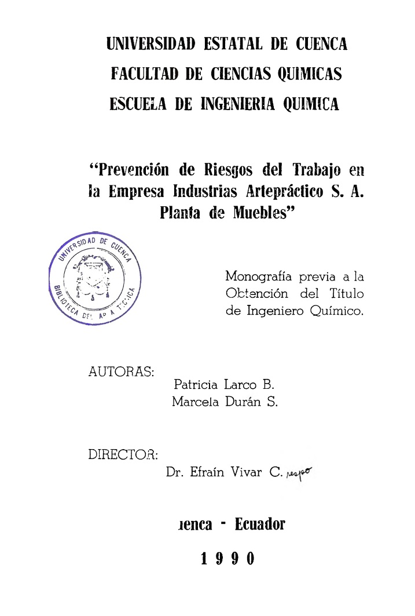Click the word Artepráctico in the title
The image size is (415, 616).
[x=275, y=191]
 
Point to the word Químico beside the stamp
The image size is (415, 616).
[x=337, y=311]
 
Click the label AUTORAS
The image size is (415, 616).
[x=121, y=372]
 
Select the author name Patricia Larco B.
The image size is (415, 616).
[x=224, y=384]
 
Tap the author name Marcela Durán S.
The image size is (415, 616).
[x=225, y=402]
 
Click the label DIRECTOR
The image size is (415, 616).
[x=123, y=454]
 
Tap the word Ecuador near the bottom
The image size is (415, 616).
[x=260, y=525]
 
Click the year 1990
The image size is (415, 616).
[x=227, y=559]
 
